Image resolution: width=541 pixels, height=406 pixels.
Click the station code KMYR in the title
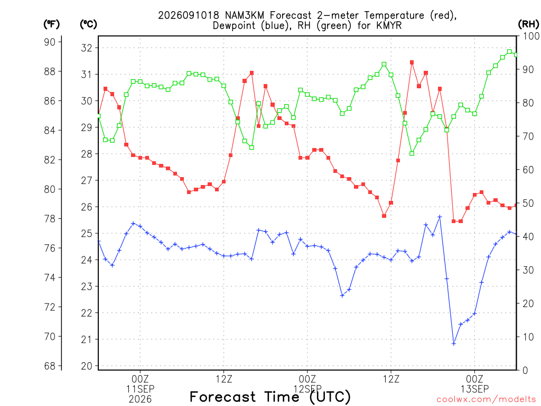coord(389,25)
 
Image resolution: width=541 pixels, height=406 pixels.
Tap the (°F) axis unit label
coord(51,24)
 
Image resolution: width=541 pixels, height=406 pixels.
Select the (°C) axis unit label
coord(88,24)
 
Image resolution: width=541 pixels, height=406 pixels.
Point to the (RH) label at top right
coord(528,24)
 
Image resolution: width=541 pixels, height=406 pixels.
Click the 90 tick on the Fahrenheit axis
coord(50,42)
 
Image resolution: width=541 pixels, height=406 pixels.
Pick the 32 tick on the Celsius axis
coord(87,48)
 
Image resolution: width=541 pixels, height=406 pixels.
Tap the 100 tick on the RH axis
coord(531,36)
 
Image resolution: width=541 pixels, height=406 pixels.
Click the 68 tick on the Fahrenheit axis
coord(50,366)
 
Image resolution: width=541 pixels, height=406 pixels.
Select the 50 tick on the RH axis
coord(528,203)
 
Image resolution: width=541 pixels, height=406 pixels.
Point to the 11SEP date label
coord(140,389)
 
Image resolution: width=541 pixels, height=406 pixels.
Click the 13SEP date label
coord(475,389)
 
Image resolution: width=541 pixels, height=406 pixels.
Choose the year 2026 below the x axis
coord(140,400)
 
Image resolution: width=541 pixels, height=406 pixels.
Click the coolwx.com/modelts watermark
coord(486,400)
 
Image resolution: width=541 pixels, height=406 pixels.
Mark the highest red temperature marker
coord(412,62)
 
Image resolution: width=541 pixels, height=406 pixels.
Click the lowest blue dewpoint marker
coord(454,344)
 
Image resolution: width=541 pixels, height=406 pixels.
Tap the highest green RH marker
coord(510,52)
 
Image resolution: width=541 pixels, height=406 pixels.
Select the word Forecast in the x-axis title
coord(223,396)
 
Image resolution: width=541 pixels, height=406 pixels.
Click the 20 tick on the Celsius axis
coord(87,366)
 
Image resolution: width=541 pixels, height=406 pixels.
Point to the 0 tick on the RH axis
coord(525,371)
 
